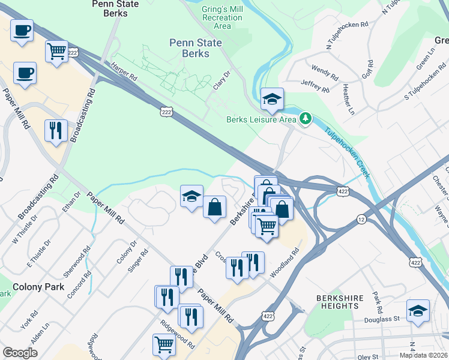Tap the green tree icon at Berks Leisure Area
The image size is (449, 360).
coord(306,119)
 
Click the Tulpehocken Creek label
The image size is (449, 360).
coord(347,154)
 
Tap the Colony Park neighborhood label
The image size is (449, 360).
coord(38,287)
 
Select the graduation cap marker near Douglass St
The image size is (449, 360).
coord(418,311)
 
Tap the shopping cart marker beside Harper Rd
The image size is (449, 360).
coord(56,52)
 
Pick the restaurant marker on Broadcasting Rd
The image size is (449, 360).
coord(56,131)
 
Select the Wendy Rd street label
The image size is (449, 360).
coord(324,73)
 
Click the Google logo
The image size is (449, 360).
coord(20,353)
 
